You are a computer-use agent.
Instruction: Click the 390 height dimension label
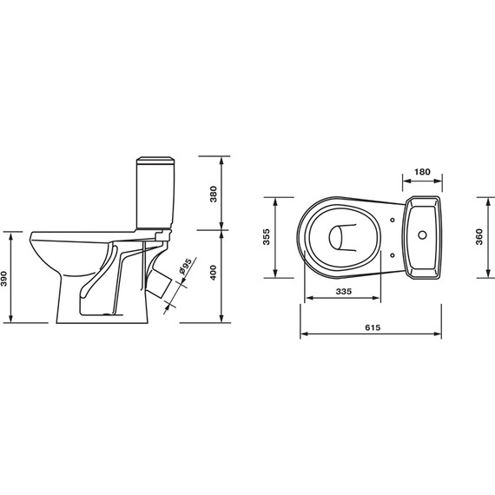(4, 279)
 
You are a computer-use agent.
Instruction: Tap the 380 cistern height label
(214, 195)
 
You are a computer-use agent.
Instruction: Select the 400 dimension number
(214, 273)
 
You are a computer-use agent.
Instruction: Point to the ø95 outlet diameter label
(185, 267)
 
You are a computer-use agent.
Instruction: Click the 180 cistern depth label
(422, 172)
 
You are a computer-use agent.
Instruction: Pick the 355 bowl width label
(267, 237)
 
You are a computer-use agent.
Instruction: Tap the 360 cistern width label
(479, 237)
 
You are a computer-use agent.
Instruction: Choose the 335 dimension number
(344, 292)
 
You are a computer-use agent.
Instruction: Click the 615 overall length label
(373, 327)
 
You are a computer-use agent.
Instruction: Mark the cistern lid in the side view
(155, 161)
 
